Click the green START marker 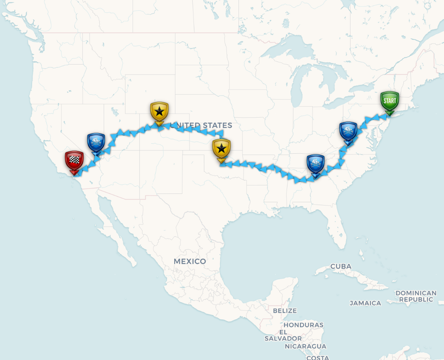(x=389, y=101)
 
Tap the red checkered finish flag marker (x=74, y=161)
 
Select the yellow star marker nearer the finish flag (x=159, y=112)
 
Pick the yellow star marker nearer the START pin (x=221, y=149)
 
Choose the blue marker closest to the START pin (x=348, y=131)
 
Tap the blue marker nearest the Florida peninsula (x=316, y=164)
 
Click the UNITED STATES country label (x=201, y=125)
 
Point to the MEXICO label (x=190, y=261)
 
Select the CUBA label (x=341, y=266)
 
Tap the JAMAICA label (x=365, y=303)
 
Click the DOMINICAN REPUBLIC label (x=416, y=296)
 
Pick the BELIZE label (x=285, y=311)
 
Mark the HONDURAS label (x=303, y=325)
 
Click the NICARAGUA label (x=306, y=346)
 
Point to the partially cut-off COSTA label (x=318, y=357)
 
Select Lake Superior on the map (x=281, y=53)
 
